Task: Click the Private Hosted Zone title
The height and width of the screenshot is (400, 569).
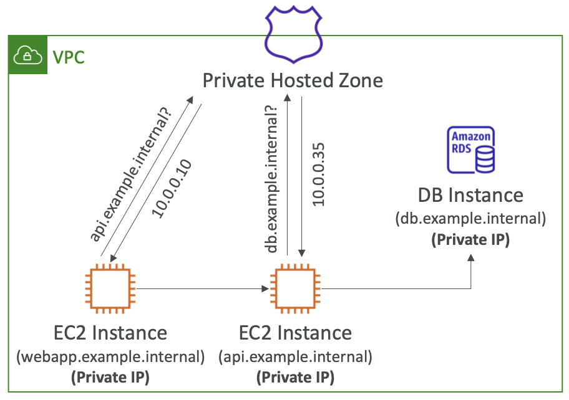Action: coord(293,81)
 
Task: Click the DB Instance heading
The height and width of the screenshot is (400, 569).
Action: coord(470,196)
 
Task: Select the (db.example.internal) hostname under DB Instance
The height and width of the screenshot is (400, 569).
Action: coord(470,219)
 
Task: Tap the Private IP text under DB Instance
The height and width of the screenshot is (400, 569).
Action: coord(470,240)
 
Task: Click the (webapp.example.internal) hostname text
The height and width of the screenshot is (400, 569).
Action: coord(110,358)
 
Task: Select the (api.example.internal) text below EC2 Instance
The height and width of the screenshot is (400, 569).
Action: coord(295,358)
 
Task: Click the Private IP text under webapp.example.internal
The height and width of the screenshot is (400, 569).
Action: coord(110,378)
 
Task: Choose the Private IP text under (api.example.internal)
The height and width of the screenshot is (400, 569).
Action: coord(295,378)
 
